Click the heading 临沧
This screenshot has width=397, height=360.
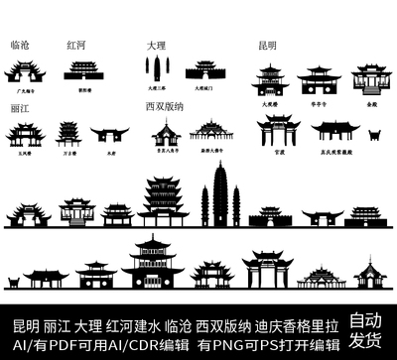pos(20,46)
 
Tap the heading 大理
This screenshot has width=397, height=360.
pos(156,46)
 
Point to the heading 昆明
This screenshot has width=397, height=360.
pos(268,46)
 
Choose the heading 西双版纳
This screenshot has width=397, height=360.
pos(165,105)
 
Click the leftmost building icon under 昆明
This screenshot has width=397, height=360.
pos(270,79)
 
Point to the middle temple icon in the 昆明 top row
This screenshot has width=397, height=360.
pos(320,79)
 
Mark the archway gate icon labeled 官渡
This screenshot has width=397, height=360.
pos(277,133)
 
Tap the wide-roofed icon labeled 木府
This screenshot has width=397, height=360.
pos(109,135)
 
